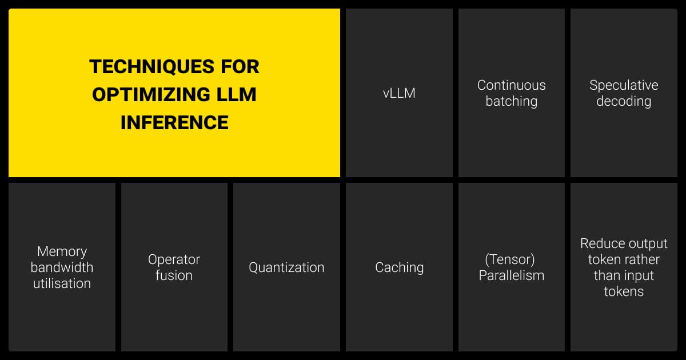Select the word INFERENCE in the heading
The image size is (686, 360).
(174, 122)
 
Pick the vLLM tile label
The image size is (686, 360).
(399, 93)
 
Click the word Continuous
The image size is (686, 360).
(511, 85)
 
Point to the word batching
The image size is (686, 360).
(511, 101)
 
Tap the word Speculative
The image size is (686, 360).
(624, 85)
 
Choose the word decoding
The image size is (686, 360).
(624, 101)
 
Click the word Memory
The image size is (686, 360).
(62, 251)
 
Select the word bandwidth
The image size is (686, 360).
(62, 267)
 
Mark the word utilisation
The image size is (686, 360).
(62, 283)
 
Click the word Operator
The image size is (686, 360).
(174, 259)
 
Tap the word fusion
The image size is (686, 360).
(174, 275)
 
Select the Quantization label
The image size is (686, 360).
(286, 267)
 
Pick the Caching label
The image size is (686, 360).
(399, 267)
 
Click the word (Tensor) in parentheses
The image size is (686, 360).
(509, 259)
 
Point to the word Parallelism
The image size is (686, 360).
(511, 275)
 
